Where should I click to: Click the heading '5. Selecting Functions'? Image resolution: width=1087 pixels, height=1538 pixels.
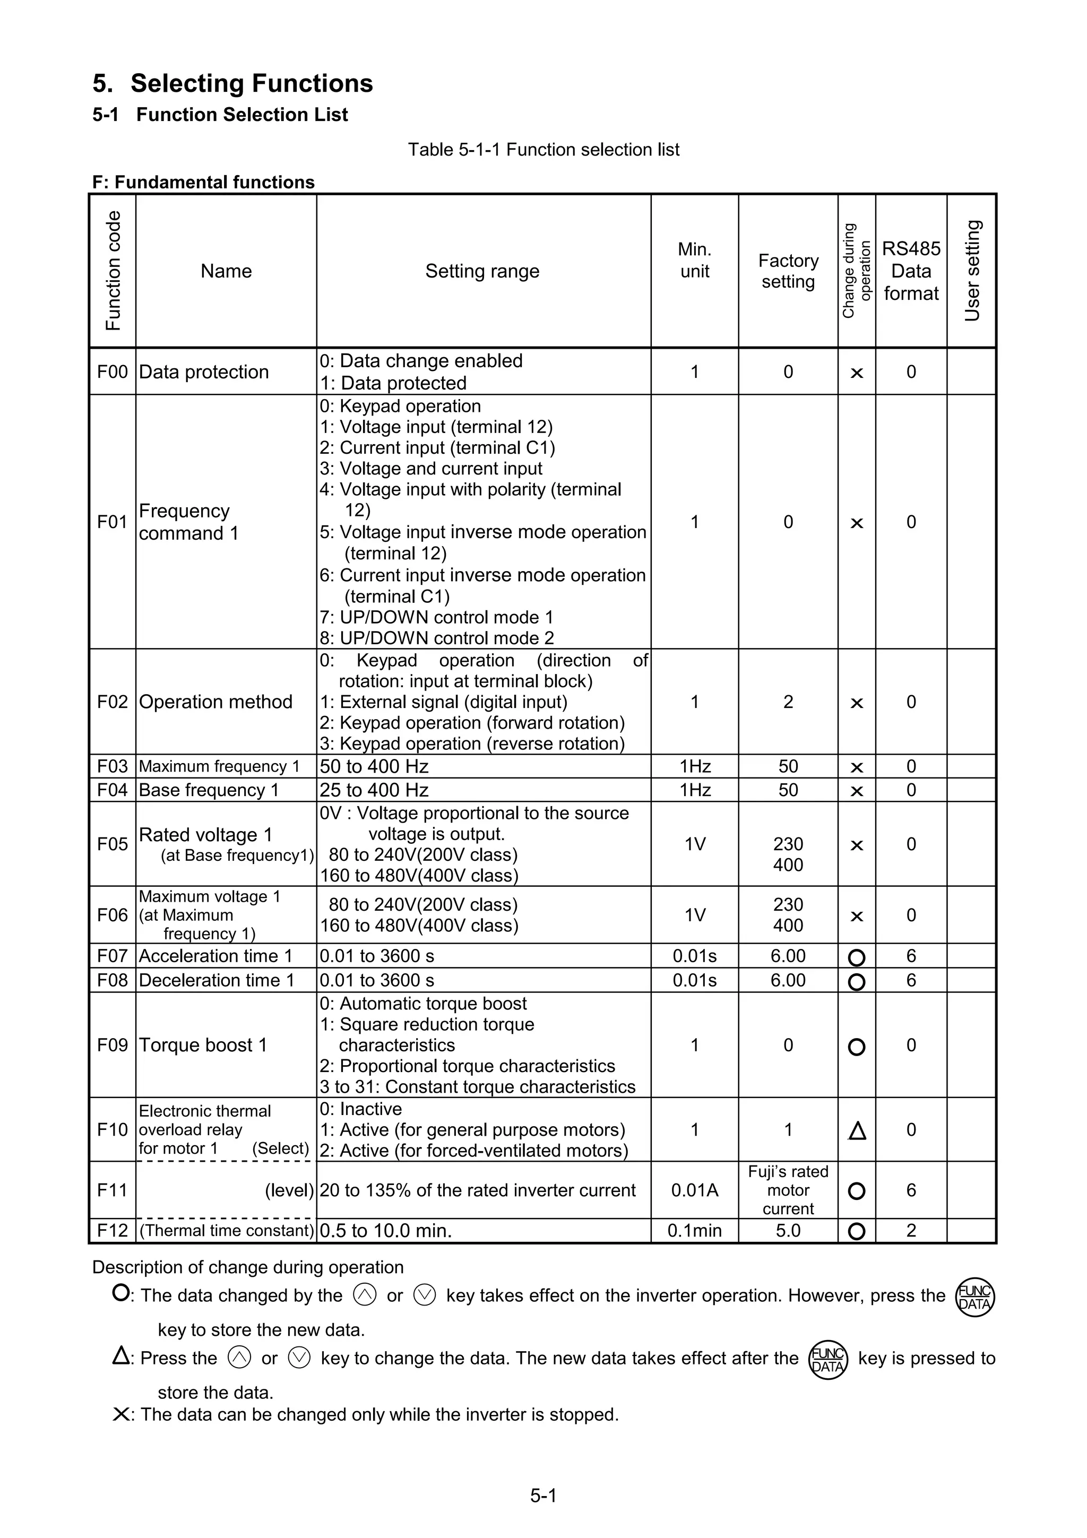(x=232, y=84)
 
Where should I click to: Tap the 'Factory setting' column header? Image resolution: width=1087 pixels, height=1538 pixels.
(x=788, y=271)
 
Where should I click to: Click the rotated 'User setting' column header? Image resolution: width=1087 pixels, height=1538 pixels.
(x=972, y=271)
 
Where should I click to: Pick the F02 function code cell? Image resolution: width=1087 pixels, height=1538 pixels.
(x=112, y=702)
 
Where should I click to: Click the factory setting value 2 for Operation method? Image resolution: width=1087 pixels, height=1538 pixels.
(x=788, y=702)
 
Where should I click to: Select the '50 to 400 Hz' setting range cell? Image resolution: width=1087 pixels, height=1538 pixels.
(x=374, y=766)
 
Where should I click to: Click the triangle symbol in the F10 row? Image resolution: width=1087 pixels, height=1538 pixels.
(x=857, y=1131)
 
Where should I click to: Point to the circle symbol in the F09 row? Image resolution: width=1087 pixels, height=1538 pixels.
(x=857, y=1047)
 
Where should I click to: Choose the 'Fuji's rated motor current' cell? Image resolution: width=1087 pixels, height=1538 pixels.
(x=788, y=1190)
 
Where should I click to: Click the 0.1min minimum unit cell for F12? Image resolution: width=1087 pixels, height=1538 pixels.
(x=695, y=1231)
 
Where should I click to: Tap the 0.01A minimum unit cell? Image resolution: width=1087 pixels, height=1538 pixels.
(x=695, y=1190)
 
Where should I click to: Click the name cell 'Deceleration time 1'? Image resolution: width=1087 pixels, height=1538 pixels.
(x=217, y=980)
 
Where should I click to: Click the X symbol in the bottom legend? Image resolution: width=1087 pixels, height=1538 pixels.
(x=121, y=1415)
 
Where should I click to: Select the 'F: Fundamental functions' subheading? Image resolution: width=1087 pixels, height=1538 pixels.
(x=203, y=182)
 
